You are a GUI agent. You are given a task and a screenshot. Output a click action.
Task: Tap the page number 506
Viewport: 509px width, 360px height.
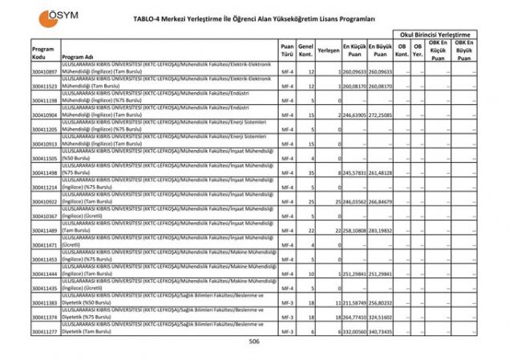tap(255, 341)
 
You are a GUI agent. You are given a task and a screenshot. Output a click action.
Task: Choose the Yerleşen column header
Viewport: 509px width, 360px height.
tap(328, 50)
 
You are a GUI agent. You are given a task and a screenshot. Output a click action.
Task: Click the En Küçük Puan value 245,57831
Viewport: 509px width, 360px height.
tap(354, 172)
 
